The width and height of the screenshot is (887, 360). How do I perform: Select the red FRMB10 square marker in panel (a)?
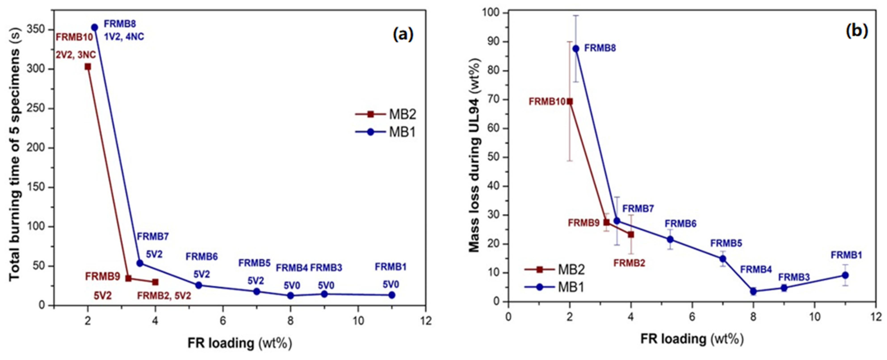tap(88, 67)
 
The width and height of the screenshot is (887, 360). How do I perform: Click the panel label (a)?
tap(403, 35)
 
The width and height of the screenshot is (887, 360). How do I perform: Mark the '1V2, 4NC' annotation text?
tap(124, 36)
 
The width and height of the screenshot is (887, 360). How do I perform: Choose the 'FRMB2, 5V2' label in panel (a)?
tap(164, 296)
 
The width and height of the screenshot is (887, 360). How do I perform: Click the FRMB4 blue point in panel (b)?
tap(753, 291)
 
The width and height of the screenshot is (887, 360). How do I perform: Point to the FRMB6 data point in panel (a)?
tap(199, 285)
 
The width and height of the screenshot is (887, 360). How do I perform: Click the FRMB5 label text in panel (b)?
tap(726, 243)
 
